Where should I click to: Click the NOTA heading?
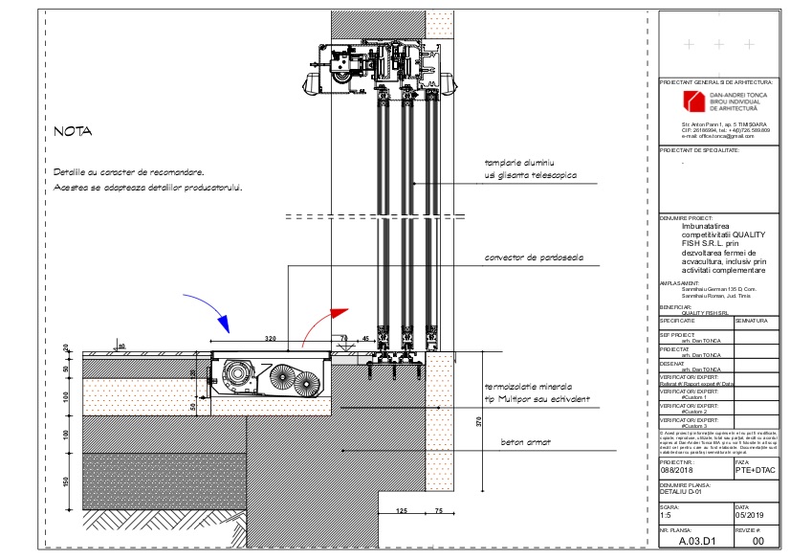72,132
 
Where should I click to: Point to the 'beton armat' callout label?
523,443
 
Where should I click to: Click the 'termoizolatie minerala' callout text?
534,386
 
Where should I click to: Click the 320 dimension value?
271,339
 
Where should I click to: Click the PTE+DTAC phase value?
755,470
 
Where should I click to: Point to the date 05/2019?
749,515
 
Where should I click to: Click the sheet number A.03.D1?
696,541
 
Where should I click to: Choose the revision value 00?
758,541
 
